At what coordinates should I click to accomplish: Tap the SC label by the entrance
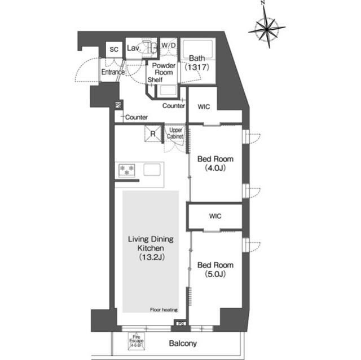point(113,50)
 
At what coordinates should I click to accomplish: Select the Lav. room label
point(134,48)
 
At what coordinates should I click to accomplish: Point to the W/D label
point(168,45)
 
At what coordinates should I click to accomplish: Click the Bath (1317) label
point(197,62)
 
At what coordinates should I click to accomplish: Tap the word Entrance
point(113,72)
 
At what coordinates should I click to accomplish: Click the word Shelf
point(155,80)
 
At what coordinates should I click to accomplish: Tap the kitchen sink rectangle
point(152,169)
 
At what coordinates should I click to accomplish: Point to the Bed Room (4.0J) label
point(215,163)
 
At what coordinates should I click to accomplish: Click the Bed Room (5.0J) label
point(215,269)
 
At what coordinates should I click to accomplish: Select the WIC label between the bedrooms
point(215,215)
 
